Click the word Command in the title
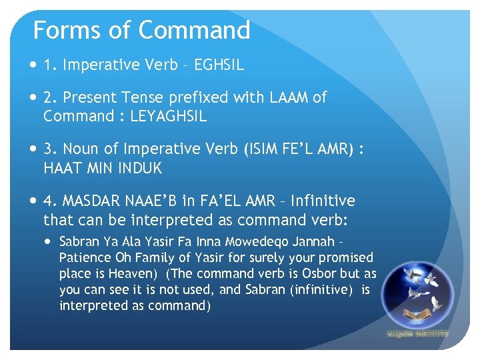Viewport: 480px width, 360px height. (194, 31)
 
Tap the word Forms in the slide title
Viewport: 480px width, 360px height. (59, 31)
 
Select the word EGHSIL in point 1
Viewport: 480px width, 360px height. (219, 65)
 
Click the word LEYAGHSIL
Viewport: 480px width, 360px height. (169, 116)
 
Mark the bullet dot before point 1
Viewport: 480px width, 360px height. (34, 65)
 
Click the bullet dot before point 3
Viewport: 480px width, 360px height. (34, 149)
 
